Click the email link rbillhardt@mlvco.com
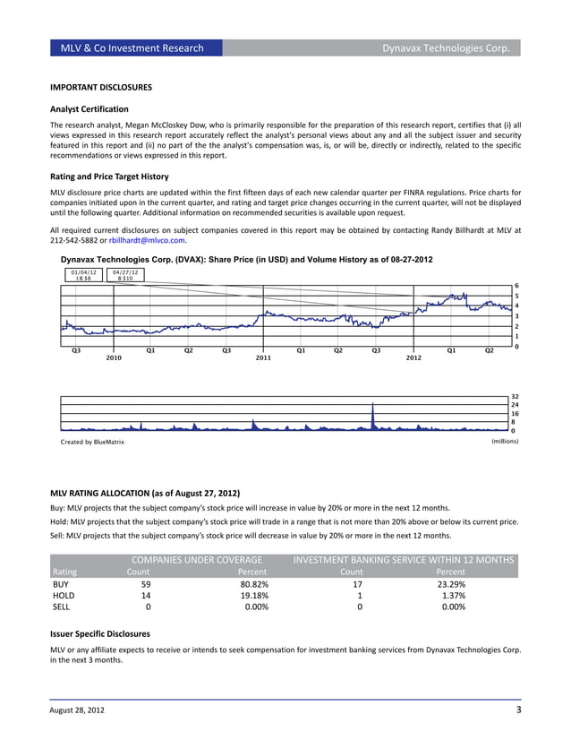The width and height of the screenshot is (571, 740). (x=154, y=240)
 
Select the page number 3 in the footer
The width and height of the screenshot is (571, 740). (x=518, y=710)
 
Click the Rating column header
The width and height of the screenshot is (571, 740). (x=64, y=572)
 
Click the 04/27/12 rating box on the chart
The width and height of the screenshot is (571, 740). (x=125, y=275)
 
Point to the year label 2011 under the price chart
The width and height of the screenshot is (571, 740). (x=263, y=357)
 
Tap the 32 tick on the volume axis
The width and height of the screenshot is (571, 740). (x=515, y=395)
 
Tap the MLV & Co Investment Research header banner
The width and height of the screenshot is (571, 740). (x=132, y=47)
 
